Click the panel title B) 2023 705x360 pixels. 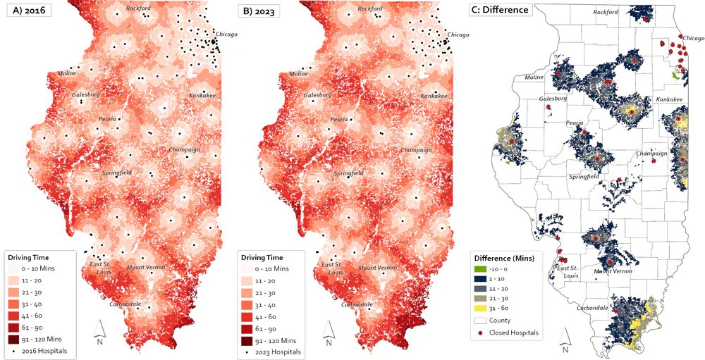click(x=262, y=11)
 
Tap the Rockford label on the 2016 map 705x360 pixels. click(x=138, y=8)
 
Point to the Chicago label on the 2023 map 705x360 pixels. click(x=458, y=35)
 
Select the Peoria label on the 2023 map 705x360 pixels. click(x=339, y=119)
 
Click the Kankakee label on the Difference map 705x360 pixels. click(x=668, y=101)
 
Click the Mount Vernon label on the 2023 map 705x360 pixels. click(x=376, y=268)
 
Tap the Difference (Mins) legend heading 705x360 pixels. click(x=503, y=258)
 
